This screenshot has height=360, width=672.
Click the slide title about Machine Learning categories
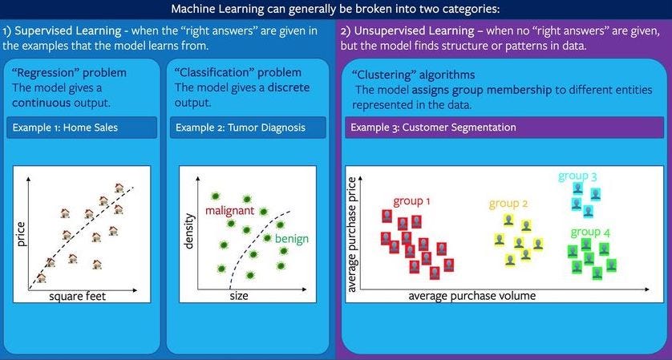point(335,10)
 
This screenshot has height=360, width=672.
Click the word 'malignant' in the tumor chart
point(230,210)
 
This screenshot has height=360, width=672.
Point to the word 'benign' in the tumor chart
point(291,239)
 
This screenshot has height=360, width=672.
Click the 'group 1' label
point(412,201)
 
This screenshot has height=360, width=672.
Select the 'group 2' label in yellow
point(508,204)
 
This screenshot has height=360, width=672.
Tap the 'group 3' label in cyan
point(578,176)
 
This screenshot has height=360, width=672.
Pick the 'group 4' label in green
point(590,232)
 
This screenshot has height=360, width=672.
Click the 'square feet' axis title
point(78,296)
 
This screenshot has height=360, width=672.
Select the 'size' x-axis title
point(238,296)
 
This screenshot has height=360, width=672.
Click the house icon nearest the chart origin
point(41,277)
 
